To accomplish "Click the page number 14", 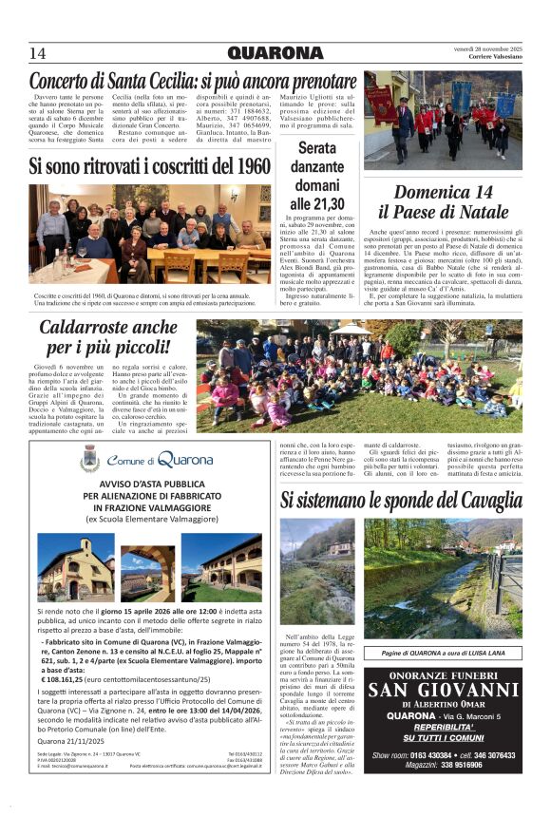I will tap(37, 53).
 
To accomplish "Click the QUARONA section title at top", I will tap(275, 53).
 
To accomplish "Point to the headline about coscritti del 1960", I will tap(149, 166).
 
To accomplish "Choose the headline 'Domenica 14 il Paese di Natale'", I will tap(444, 201).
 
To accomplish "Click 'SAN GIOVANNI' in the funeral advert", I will tap(443, 691).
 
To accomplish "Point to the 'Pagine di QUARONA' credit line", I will tap(443, 654).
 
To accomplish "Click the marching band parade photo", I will tap(443, 119).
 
